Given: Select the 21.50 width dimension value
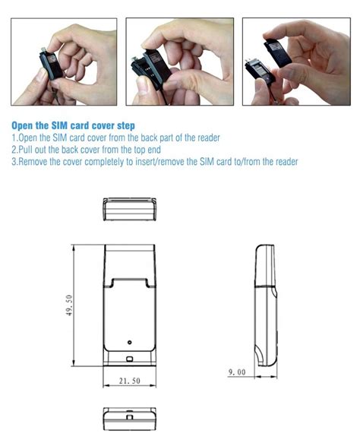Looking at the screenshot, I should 130,381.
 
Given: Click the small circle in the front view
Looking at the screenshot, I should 130,341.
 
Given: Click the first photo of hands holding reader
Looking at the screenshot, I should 65,62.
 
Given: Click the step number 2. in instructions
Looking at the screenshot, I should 15,149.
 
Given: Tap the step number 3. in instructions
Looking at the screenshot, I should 15,162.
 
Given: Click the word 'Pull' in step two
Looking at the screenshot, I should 27,149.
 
